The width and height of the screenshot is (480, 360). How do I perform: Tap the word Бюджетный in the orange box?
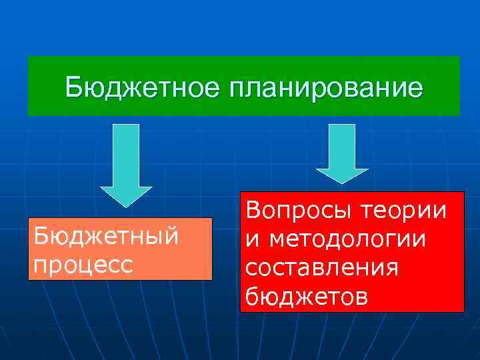(105, 237)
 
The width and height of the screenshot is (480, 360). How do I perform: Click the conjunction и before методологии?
(252, 239)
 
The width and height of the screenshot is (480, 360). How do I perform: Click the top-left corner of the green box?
(28, 57)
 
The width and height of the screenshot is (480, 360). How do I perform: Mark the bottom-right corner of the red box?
(463, 311)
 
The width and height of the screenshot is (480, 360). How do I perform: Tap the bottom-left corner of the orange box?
(29, 279)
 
